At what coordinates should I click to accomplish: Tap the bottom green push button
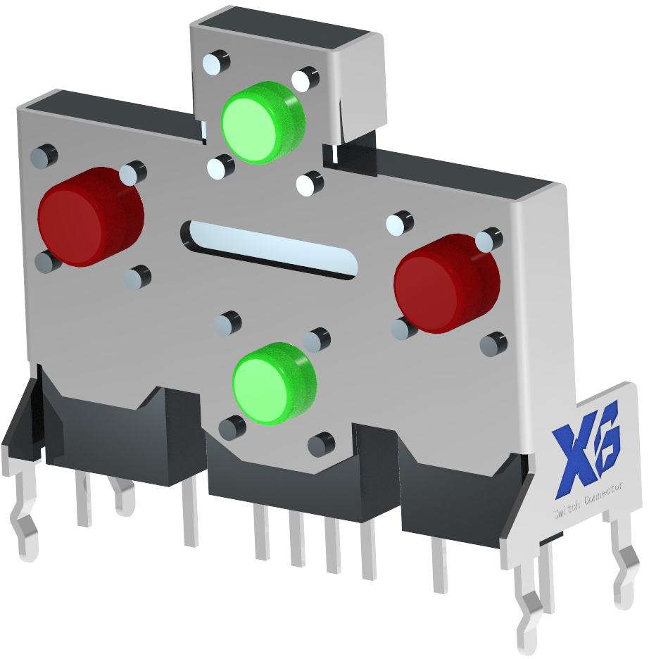point(273,384)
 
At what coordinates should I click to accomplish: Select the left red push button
point(89,216)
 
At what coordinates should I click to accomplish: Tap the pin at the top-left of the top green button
point(216,63)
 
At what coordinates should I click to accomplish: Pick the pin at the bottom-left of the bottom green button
point(232,427)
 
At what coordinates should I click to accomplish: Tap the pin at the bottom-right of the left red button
point(137,277)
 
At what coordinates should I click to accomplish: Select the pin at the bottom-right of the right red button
point(493,344)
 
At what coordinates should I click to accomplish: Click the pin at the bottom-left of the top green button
point(221,166)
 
